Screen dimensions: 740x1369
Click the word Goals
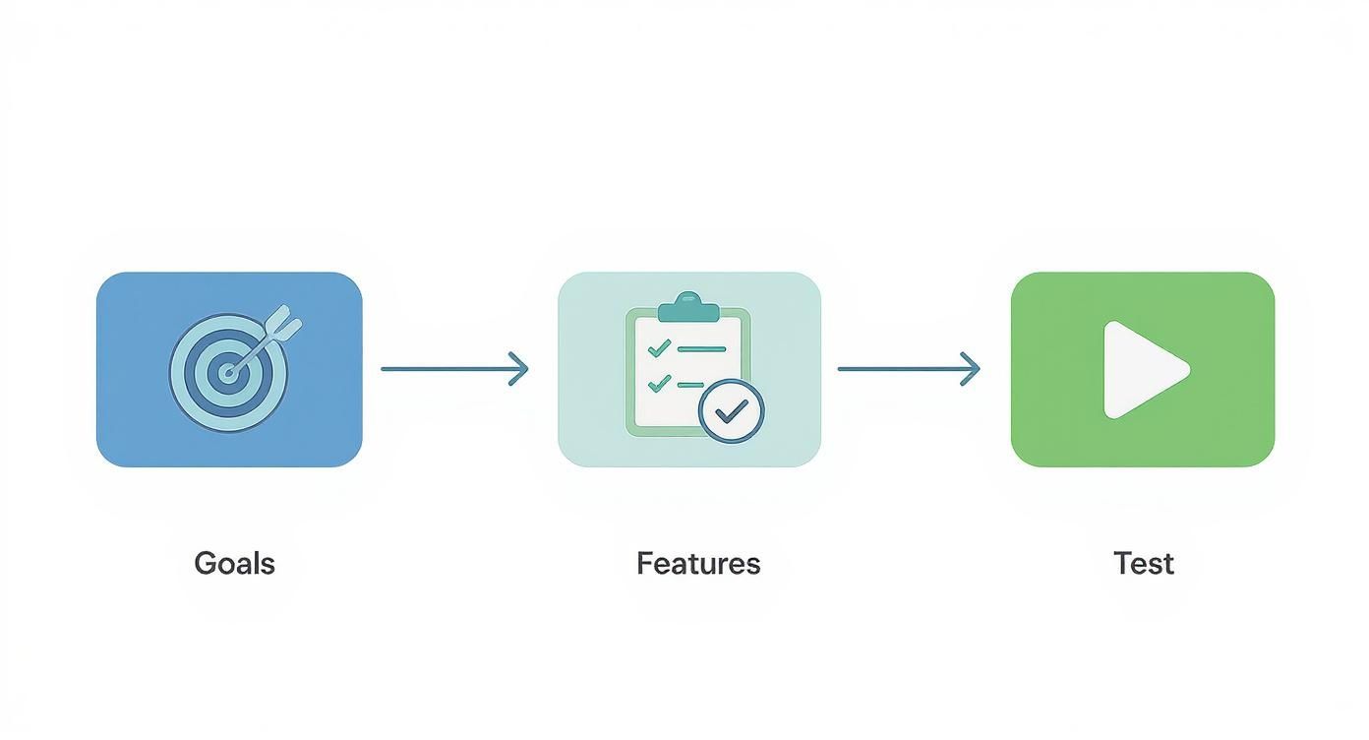234,564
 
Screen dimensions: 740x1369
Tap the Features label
698,564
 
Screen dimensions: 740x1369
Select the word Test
1144,564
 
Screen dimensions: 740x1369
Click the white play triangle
1141,370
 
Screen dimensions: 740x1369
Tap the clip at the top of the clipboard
688,307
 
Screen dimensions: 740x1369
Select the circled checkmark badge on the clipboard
731,410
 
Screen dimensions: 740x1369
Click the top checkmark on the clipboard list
659,347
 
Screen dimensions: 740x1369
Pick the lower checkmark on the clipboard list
659,382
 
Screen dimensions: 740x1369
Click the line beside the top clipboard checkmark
701,348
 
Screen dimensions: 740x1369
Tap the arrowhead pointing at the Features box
520,369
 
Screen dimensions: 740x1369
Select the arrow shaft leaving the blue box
443,369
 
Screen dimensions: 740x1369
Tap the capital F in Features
644,564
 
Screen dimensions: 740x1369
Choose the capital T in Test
1122,564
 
